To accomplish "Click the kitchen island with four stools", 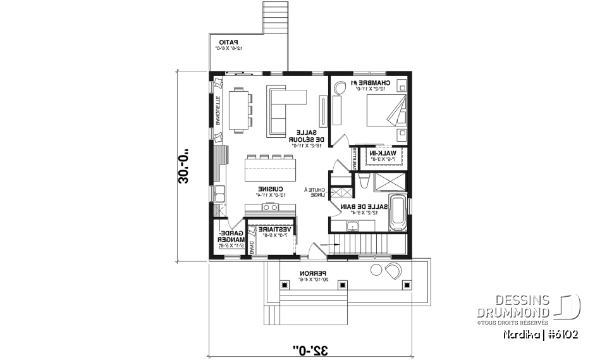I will (x=270, y=170).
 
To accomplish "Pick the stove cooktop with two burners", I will (x=270, y=208).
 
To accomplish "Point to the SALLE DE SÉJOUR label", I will (x=308, y=135).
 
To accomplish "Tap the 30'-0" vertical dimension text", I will (x=185, y=166).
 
